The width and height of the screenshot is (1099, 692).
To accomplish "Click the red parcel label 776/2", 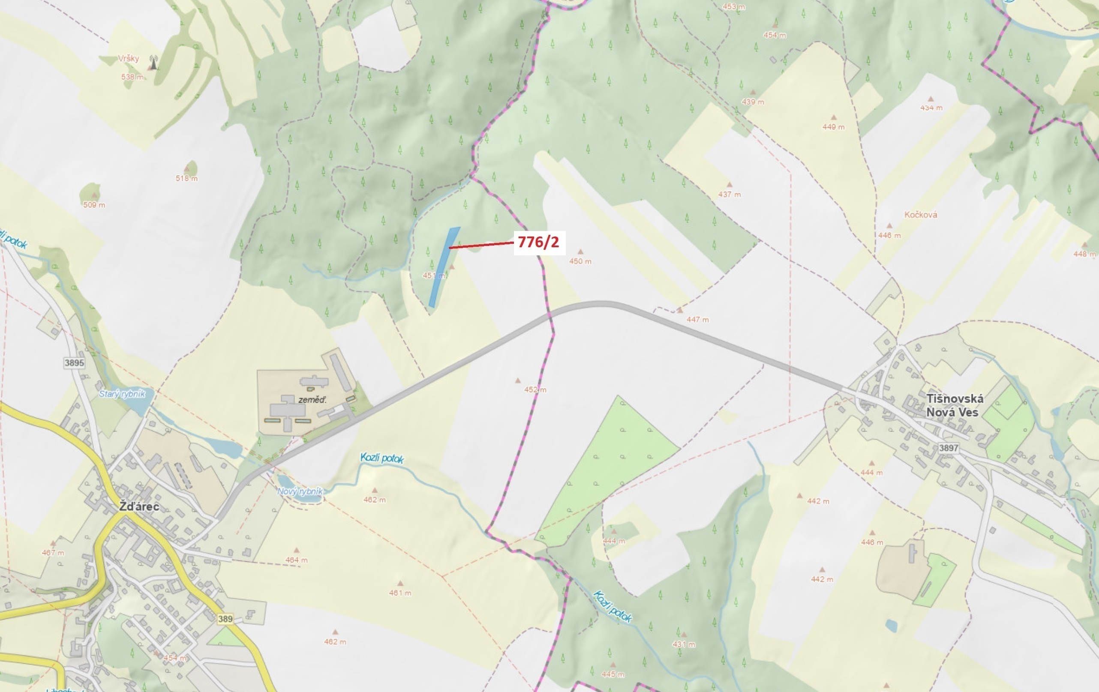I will (538, 242).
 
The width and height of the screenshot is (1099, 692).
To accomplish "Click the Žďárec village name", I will (139, 507).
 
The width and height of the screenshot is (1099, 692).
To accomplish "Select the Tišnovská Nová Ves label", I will (954, 405).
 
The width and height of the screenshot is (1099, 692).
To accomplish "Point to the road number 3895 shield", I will (75, 362).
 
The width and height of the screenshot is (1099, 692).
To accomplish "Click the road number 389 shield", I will (225, 619).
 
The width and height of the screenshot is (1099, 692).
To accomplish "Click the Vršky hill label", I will (128, 58).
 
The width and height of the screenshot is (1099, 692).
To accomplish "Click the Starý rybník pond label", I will (122, 394).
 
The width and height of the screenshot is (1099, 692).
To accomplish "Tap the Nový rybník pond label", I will (300, 491).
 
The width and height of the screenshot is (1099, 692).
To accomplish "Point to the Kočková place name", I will (921, 215).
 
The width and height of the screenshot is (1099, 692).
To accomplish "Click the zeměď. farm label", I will (312, 400).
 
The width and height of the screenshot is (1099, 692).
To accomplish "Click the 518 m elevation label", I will (186, 178).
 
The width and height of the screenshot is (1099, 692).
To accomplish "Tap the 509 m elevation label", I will (94, 205).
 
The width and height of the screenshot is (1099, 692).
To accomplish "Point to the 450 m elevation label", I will (580, 261).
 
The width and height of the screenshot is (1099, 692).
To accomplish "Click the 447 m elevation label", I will (697, 320).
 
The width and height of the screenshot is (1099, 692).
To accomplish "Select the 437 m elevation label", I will (730, 195).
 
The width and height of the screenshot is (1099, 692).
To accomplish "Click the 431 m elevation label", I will (684, 644).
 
